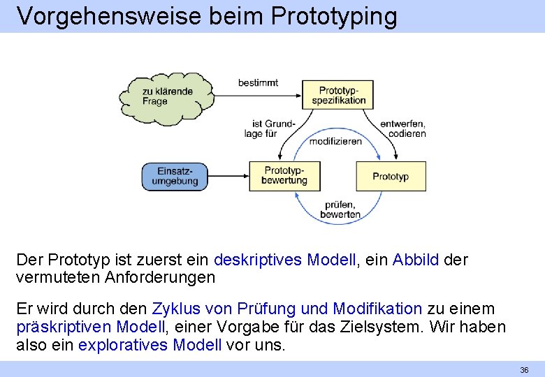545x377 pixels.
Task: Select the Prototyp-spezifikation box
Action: tap(338, 95)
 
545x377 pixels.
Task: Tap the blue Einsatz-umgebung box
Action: tap(177, 176)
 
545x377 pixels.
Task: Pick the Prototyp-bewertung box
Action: tap(284, 175)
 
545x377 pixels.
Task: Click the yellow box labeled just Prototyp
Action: tap(391, 176)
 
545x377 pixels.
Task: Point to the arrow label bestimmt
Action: tap(258, 82)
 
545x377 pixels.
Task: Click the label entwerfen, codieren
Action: tap(403, 128)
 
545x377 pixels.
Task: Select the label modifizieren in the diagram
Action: tap(335, 141)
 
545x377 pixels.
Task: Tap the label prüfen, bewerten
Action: tap(340, 209)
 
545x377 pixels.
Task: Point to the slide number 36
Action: tap(524, 369)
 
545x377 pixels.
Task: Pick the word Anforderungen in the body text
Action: tap(160, 277)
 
